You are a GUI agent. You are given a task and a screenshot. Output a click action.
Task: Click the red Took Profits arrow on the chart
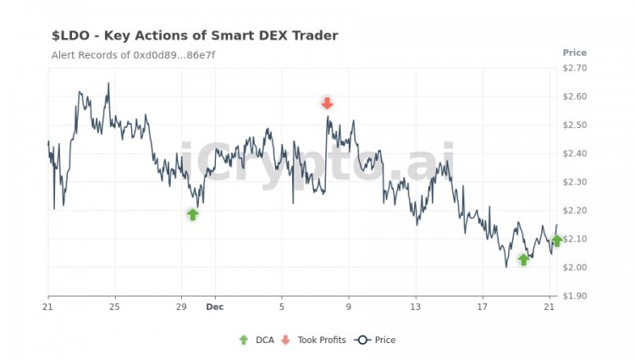pos(328,103)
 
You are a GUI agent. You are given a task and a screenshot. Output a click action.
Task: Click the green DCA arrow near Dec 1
pos(193,214)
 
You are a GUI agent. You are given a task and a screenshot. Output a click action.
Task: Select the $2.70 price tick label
pos(575,68)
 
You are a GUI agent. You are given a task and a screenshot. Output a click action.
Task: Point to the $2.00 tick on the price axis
pos(575,268)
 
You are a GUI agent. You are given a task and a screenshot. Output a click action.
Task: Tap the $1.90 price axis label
pos(575,296)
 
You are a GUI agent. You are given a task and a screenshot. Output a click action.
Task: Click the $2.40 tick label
pos(575,153)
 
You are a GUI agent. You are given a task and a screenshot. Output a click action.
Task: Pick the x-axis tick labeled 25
pos(114,307)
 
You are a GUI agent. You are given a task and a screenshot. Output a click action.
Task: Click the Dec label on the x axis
pos(214,307)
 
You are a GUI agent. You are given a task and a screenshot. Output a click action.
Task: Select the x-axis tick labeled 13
pos(416,307)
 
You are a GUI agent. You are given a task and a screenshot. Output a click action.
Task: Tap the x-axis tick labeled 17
pos(483,307)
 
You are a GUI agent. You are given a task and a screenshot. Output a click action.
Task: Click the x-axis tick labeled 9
pos(349,307)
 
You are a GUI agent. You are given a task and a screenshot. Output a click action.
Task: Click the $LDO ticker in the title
pos(70,36)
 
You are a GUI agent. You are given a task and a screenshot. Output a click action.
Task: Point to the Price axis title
pos(575,53)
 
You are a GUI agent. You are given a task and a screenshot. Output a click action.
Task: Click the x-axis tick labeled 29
pos(181,307)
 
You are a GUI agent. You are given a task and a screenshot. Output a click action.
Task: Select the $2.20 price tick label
pos(575,210)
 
